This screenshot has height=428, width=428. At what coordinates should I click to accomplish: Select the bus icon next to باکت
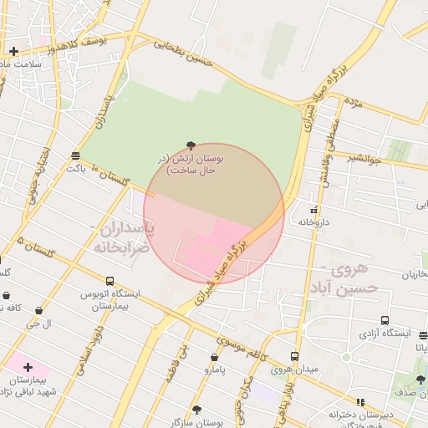point(76,155)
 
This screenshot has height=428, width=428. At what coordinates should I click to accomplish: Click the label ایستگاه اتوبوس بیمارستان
point(110,300)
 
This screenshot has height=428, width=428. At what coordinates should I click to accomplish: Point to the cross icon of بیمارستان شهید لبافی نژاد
point(28,367)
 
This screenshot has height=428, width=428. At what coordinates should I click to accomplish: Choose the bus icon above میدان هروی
point(294,356)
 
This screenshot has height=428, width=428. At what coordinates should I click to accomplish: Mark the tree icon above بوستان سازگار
point(196,410)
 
